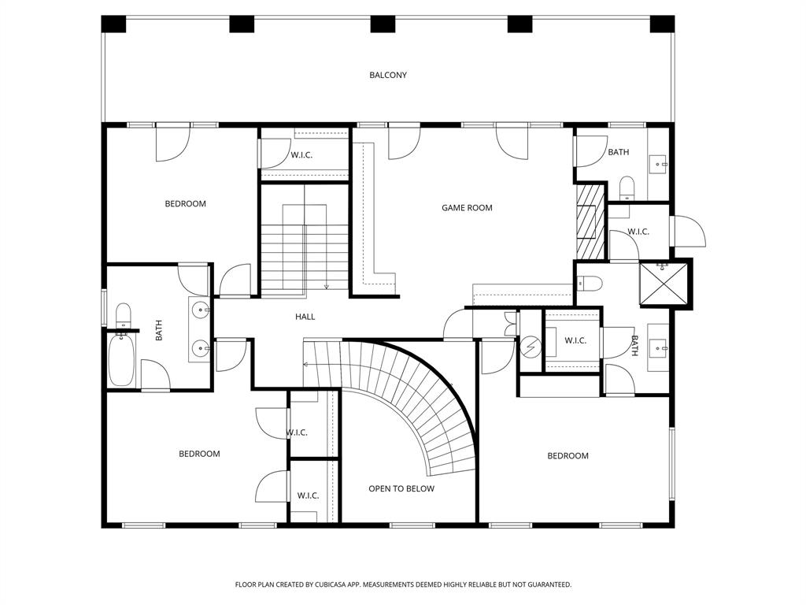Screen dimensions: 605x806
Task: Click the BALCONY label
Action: click(x=388, y=76)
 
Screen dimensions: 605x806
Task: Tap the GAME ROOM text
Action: click(x=467, y=208)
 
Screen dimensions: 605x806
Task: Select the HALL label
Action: click(x=305, y=317)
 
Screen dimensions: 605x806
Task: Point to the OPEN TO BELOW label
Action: click(x=401, y=489)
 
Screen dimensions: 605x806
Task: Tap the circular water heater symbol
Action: click(x=530, y=347)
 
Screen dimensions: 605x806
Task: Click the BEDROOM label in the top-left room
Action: click(x=186, y=204)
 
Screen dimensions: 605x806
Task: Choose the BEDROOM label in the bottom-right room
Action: click(x=568, y=456)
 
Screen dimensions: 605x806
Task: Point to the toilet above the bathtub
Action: click(x=124, y=315)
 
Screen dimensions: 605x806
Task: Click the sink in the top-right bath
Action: click(x=658, y=165)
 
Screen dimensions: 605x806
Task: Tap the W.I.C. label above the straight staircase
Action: click(x=301, y=155)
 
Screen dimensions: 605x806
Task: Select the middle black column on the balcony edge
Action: click(x=383, y=24)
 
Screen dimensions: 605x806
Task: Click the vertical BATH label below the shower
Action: click(x=634, y=346)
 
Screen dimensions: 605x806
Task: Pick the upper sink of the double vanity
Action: click(x=201, y=310)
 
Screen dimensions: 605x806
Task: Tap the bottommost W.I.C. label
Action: click(x=308, y=496)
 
